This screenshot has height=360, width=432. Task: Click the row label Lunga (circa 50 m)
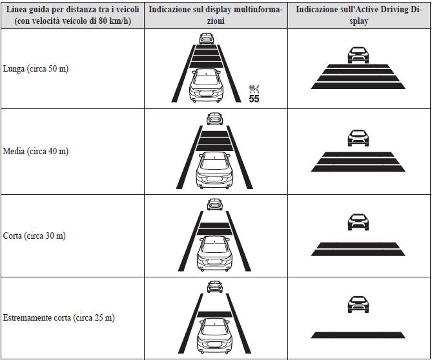coord(35,68)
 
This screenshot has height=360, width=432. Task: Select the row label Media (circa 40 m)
coord(36,151)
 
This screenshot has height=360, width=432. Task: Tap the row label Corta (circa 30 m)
coord(34,235)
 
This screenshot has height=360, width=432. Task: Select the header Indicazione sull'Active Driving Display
coord(358,16)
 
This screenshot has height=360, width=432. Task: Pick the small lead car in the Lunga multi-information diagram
coord(207,38)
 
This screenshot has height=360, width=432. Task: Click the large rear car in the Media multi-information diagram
coord(214,170)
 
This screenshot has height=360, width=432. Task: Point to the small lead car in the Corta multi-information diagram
coord(214,205)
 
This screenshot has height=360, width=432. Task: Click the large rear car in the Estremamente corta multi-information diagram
coord(214,335)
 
